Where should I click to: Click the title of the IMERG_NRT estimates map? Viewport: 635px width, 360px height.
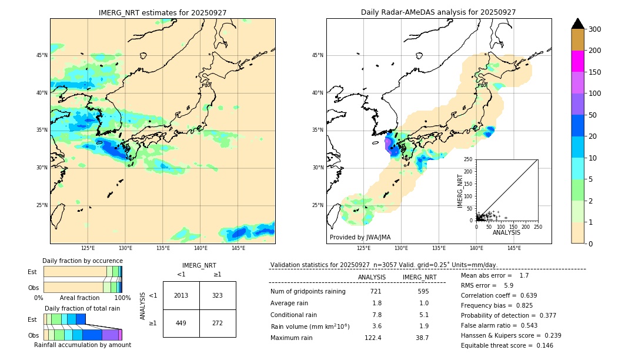[x=162, y=12]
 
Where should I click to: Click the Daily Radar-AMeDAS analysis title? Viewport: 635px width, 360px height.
[x=439, y=12]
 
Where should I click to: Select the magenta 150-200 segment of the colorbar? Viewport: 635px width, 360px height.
[x=577, y=61]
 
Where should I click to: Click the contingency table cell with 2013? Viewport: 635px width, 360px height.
[x=181, y=295]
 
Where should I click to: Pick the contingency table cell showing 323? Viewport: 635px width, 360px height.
[x=218, y=295]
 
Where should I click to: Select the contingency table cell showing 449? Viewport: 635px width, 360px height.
[x=181, y=323]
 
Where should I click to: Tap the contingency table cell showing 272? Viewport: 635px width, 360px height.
[x=218, y=323]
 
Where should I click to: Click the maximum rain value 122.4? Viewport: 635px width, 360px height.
[x=373, y=338]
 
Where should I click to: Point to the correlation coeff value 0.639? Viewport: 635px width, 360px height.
[x=525, y=295]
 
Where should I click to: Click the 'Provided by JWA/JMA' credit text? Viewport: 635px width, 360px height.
[x=360, y=238]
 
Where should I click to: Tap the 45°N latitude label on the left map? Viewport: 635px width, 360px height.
[x=42, y=55]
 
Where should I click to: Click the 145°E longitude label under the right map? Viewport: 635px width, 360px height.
[x=514, y=248]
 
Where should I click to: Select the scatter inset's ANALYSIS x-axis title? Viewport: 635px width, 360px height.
[x=506, y=233]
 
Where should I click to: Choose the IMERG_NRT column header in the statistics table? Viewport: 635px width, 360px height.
[x=419, y=277]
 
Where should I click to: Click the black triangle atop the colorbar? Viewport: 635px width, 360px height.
[x=577, y=24]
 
